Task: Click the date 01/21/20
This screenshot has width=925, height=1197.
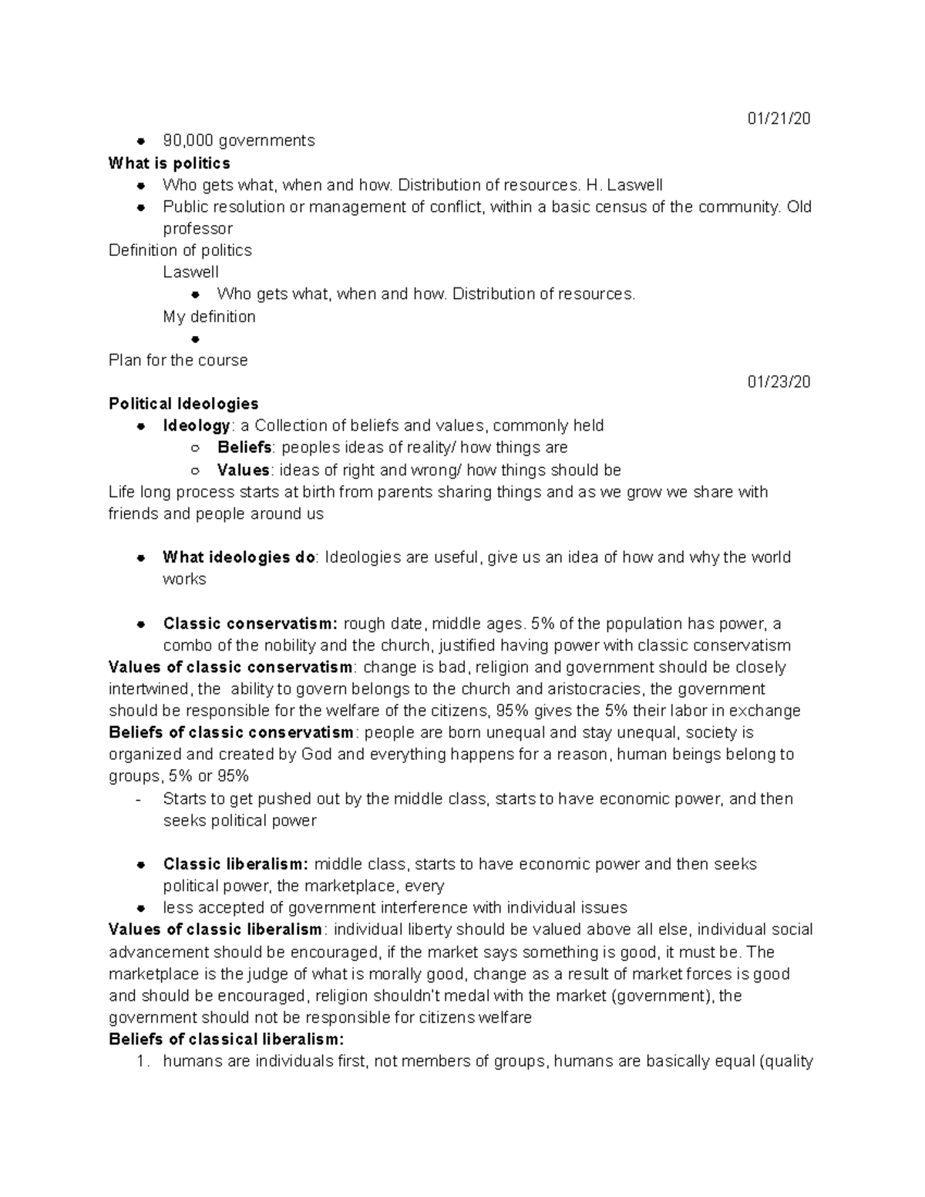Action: pos(779,119)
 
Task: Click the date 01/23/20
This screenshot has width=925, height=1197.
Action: pos(779,382)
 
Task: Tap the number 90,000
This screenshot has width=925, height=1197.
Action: pos(187,140)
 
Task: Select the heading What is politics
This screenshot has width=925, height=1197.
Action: pos(170,163)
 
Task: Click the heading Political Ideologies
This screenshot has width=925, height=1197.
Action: pos(183,404)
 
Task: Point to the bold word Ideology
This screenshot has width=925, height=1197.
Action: pos(196,425)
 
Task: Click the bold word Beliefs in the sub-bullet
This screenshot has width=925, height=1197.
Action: pos(244,447)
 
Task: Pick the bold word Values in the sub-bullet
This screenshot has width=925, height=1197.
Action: pos(243,470)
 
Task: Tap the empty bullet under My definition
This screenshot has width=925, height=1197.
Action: pos(195,339)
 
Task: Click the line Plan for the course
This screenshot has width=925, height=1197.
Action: pos(178,360)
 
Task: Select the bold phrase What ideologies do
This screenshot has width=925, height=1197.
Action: pos(239,557)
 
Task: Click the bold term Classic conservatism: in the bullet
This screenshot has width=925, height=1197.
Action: pos(250,624)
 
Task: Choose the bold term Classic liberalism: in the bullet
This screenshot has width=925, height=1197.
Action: pos(235,864)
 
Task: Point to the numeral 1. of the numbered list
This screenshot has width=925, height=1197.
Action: pos(141,1061)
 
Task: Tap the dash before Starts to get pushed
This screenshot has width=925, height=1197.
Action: pos(138,799)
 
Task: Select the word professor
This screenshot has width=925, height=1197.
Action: pos(197,229)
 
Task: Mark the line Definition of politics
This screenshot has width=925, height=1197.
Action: pos(180,250)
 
